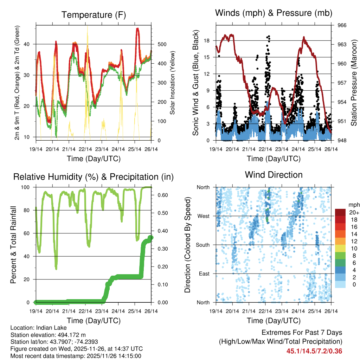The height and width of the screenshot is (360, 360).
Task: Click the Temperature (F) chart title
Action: click(94, 15)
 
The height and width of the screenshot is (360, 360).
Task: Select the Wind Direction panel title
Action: click(274, 174)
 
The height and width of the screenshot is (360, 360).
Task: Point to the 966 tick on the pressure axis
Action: click(342, 25)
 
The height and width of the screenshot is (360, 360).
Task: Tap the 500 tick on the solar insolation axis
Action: click(162, 44)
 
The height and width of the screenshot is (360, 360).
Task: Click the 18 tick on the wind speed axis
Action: click(207, 40)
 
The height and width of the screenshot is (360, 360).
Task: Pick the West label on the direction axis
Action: click(203, 216)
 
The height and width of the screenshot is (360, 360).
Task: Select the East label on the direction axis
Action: click(203, 274)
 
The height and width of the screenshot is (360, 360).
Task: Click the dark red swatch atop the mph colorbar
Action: click(340, 212)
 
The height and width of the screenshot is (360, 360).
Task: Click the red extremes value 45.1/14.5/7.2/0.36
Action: click(314, 351)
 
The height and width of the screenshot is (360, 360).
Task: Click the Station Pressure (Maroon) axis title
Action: click(354, 83)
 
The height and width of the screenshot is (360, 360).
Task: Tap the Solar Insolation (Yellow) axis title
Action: click(173, 83)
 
